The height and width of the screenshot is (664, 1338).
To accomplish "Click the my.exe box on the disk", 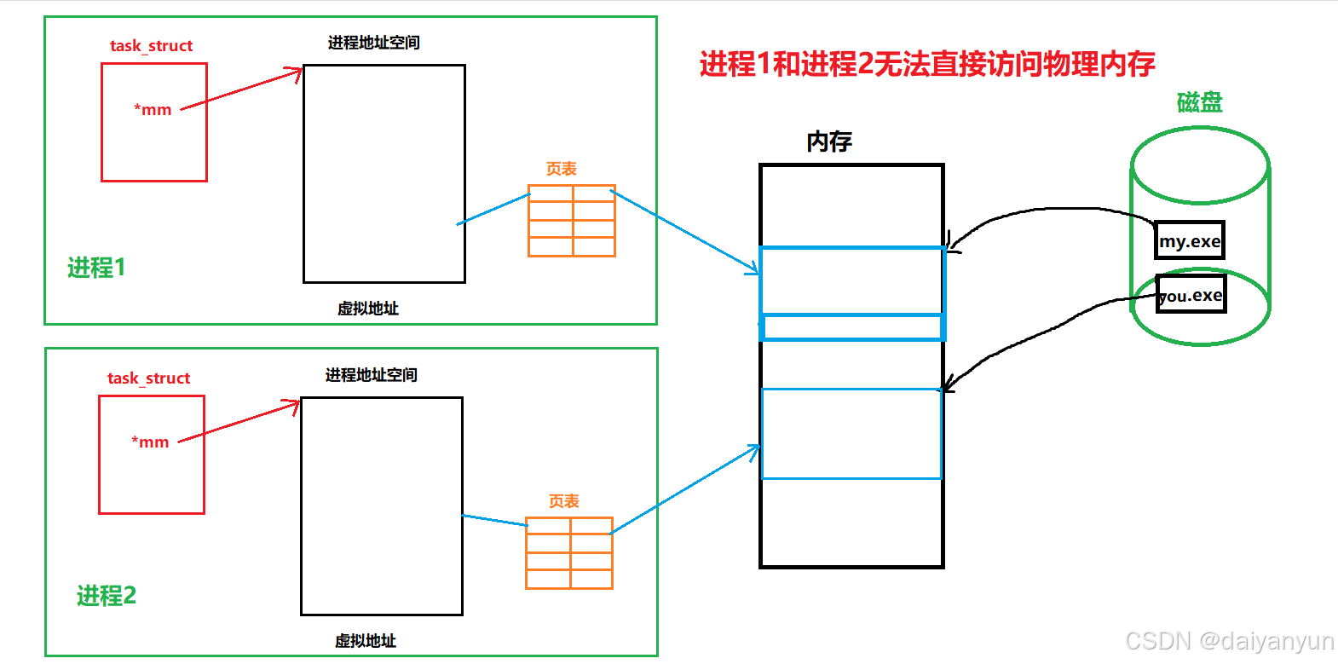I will point(1190,240).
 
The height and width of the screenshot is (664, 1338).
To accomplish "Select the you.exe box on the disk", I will point(1191,295).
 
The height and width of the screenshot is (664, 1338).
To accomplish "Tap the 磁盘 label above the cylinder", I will point(1199,102).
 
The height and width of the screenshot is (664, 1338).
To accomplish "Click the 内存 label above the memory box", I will point(829,141).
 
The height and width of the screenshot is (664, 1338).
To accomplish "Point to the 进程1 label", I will point(96,268).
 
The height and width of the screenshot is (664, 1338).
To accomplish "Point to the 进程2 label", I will point(107,595).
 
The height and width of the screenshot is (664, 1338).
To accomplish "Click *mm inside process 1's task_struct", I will point(153,109).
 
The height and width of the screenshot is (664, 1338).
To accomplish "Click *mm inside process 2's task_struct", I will point(150,442).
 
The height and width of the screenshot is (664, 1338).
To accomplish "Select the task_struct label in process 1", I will point(151,45).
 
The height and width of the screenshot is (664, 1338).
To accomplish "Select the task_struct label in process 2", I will point(148,378).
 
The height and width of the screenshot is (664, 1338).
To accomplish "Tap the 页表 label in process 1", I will point(562,169).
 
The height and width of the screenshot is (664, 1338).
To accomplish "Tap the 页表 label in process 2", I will point(563,501).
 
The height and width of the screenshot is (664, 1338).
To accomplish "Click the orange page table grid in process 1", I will point(572,221).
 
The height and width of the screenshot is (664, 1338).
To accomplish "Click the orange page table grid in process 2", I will point(569,553).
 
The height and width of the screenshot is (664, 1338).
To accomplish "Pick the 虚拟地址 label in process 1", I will point(367,308).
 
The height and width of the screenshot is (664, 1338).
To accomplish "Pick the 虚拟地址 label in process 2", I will point(365,640).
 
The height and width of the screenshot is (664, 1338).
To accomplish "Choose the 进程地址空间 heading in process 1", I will point(373,42).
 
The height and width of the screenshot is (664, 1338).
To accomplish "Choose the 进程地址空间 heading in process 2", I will point(371,374).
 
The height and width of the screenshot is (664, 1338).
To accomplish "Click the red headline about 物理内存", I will point(927,64).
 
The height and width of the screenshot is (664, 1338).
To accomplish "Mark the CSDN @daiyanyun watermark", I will point(1229,641).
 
